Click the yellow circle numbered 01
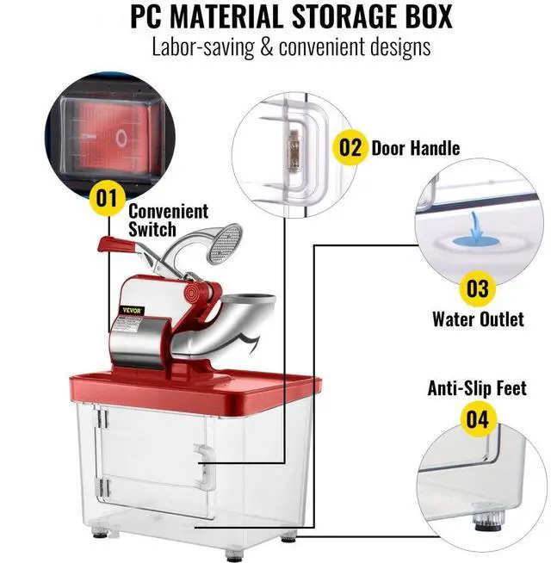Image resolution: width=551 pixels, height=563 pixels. (x=105, y=198)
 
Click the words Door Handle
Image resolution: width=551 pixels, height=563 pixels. (x=415, y=147)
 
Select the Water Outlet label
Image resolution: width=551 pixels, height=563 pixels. (x=477, y=319)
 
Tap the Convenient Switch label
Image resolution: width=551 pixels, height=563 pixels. (x=168, y=220)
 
